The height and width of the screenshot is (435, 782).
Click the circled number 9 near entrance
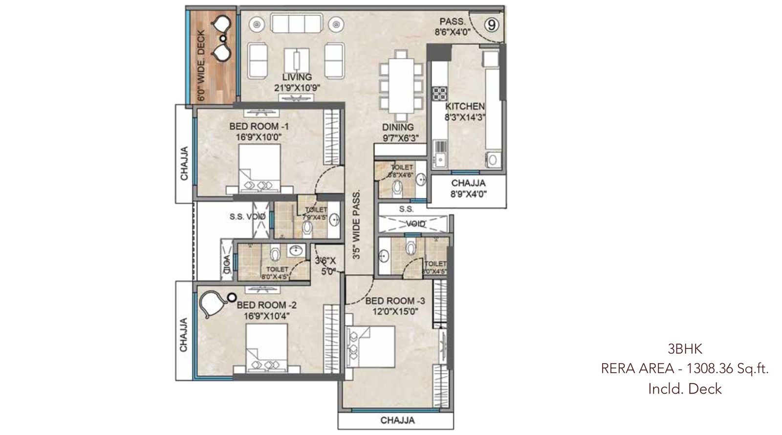[492, 24]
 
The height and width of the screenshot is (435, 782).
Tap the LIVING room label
[297, 77]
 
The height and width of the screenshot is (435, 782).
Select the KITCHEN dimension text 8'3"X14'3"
[464, 117]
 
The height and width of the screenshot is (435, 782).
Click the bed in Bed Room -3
[370, 346]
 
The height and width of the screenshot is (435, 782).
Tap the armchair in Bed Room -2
[211, 303]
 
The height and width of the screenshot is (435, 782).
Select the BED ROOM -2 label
[267, 305]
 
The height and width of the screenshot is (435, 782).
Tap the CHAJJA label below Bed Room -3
[397, 420]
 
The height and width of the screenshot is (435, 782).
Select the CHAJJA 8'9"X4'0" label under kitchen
[468, 188]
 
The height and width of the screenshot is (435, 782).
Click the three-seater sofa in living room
[296, 23]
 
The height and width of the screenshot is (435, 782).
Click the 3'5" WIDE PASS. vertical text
[356, 225]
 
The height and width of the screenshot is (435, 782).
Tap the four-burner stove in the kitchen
[439, 93]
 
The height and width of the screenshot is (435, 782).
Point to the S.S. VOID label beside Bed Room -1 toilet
[247, 216]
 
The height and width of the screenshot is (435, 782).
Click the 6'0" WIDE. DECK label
[201, 66]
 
